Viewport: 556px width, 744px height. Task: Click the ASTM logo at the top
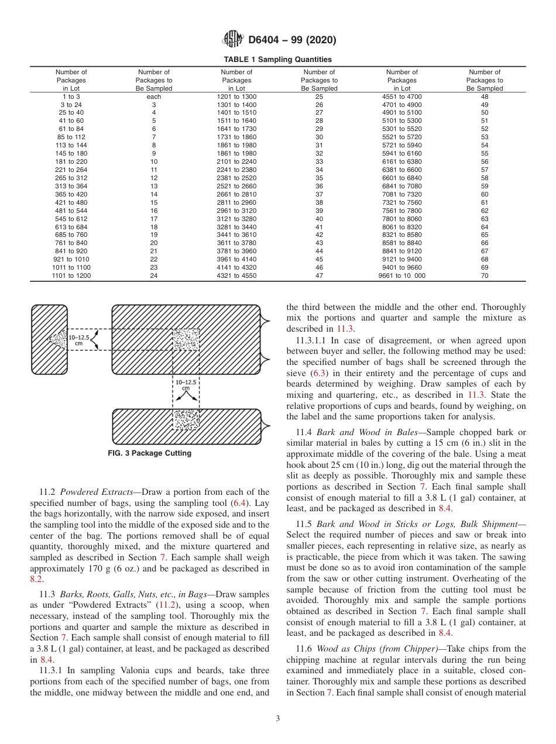pos(234,40)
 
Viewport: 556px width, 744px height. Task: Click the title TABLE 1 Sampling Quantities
pos(277,60)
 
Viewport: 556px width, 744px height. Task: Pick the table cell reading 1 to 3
pos(71,97)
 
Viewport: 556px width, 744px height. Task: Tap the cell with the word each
pos(153,97)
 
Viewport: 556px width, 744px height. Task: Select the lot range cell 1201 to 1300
pos(236,97)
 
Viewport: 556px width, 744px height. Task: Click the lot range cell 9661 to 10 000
pos(402,275)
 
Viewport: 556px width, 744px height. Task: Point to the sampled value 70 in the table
pos(485,275)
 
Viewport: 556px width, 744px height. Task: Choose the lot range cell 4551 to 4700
pos(402,97)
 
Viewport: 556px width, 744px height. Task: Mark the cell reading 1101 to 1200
pos(71,275)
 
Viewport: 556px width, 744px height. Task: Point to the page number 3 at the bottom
pos(277,719)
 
